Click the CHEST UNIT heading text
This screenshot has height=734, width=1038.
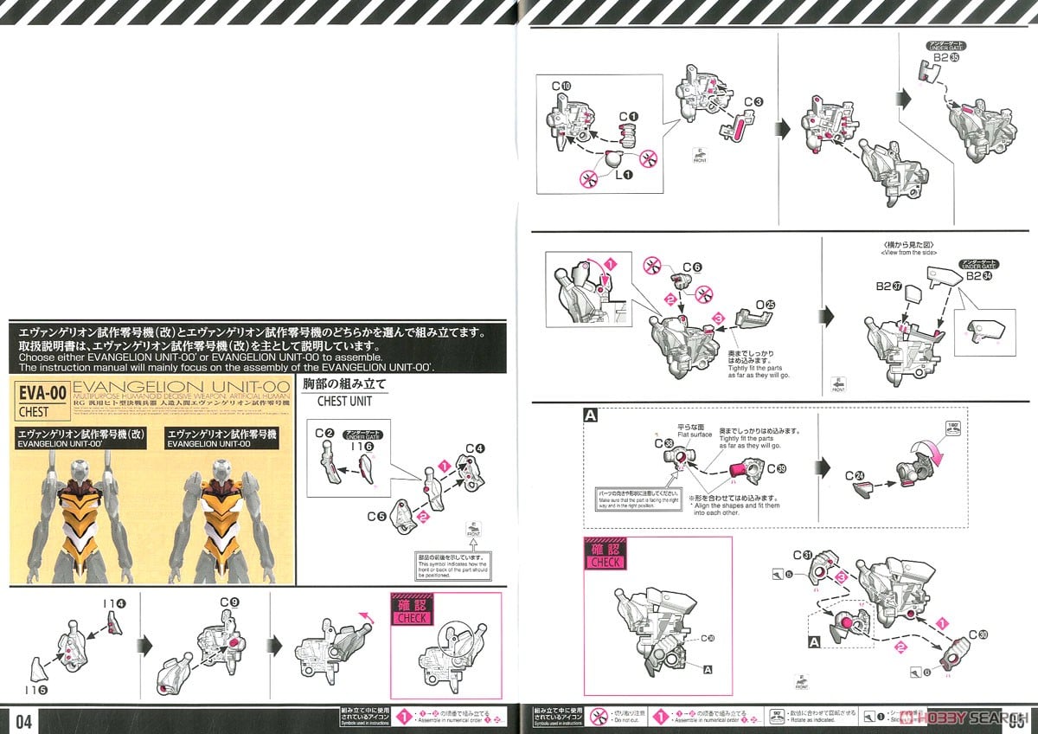(344, 401)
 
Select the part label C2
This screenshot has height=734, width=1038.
(324, 433)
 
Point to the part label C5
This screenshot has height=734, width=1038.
(375, 517)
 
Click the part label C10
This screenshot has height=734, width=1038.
(561, 87)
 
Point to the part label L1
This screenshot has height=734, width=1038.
(622, 175)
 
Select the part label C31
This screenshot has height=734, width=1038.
(802, 555)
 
